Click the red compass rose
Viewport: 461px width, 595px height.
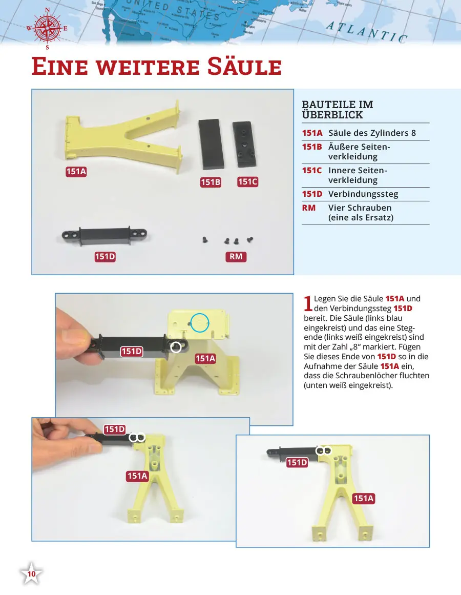click(47, 29)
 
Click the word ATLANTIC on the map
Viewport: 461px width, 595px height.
click(366, 32)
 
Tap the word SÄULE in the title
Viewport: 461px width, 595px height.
click(244, 67)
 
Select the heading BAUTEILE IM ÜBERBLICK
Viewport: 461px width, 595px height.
click(338, 110)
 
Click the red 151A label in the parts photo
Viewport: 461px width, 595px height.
click(76, 172)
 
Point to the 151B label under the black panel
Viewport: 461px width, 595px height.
click(211, 182)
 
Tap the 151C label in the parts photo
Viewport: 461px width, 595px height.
click(247, 182)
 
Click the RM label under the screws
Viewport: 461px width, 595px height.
click(236, 257)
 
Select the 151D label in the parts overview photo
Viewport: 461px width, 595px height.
click(105, 257)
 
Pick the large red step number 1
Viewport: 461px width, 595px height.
click(308, 303)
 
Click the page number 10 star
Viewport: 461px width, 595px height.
click(31, 573)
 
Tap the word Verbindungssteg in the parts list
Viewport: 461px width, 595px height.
click(363, 194)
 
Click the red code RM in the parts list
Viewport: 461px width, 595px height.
click(308, 208)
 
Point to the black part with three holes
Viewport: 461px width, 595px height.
click(244, 144)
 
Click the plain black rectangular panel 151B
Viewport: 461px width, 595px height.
click(211, 144)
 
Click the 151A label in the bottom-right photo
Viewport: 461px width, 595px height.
click(364, 498)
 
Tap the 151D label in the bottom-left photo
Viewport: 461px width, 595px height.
click(115, 429)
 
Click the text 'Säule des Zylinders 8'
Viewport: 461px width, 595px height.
click(372, 133)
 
